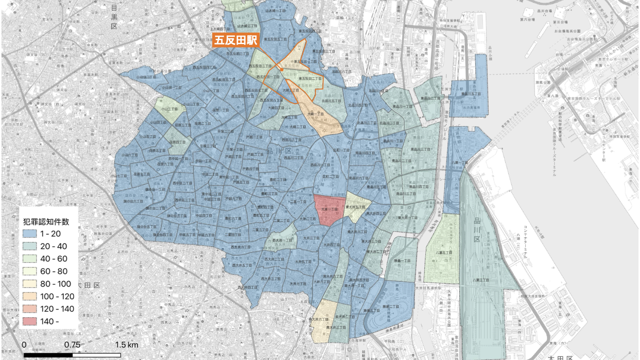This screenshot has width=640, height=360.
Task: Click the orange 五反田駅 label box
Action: click(236, 41)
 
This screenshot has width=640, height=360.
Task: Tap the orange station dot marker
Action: click(282, 69)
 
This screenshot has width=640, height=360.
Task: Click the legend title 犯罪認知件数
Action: click(46, 222)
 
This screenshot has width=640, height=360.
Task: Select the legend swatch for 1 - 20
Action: click(30, 234)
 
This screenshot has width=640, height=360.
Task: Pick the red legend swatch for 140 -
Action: click(30, 322)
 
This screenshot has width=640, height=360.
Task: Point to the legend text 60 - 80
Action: click(54, 271)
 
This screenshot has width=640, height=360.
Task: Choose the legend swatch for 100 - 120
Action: click(30, 296)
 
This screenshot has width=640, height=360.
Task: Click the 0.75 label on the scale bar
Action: click(72, 345)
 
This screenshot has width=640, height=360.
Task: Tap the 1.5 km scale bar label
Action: click(127, 345)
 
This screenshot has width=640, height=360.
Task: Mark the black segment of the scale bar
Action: click(48, 355)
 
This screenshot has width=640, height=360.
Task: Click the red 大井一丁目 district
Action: click(329, 210)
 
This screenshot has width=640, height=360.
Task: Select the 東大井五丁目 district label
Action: click(355, 207)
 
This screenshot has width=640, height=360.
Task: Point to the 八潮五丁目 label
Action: click(444, 252)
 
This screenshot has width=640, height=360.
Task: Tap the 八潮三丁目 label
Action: click(480, 280)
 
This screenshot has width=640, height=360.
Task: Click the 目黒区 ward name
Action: click(114, 17)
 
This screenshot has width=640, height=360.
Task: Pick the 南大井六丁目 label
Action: click(319, 319)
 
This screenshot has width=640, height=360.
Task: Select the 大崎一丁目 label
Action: click(315, 114)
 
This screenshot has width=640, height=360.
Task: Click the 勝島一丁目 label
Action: click(403, 261)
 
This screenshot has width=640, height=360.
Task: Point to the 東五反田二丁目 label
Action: click(310, 79)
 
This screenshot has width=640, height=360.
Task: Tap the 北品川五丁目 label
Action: click(331, 101)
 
